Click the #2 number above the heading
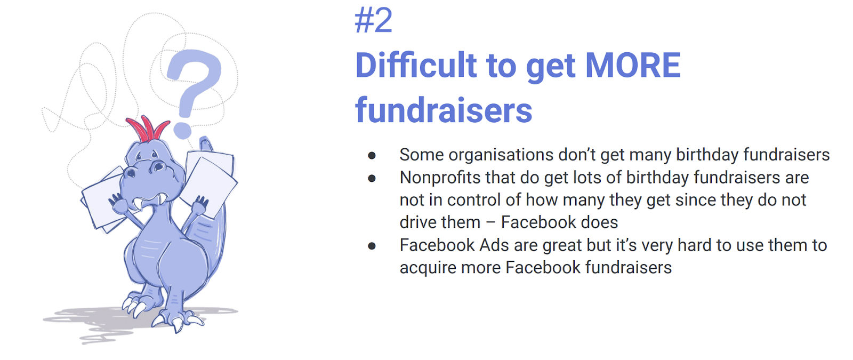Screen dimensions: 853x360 [x=373, y=21]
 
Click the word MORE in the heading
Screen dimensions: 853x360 [x=633, y=66]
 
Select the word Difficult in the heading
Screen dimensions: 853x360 [x=416, y=66]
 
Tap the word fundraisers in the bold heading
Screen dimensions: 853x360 [x=444, y=110]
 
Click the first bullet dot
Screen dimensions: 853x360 [x=372, y=155]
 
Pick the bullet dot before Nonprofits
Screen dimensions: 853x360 [x=372, y=178]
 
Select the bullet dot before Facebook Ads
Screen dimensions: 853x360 [x=372, y=246]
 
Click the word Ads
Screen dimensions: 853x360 [x=494, y=245]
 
